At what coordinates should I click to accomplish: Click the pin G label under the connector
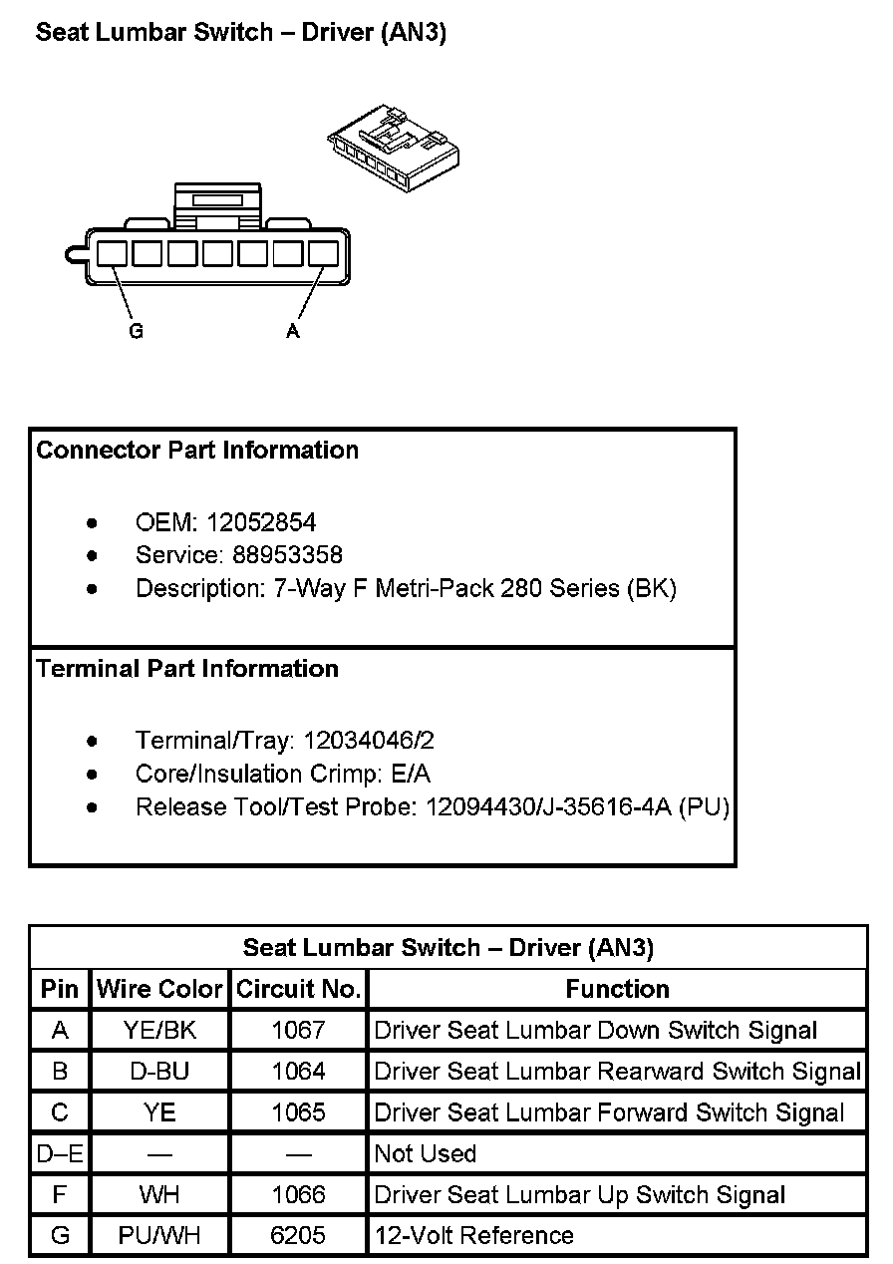tap(136, 332)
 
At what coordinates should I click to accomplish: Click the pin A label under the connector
tap(293, 332)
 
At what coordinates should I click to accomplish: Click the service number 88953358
tap(287, 554)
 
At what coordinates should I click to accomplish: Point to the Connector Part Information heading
tap(197, 451)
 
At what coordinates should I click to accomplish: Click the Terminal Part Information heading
tap(187, 669)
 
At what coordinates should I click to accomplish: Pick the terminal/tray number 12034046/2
tap(369, 741)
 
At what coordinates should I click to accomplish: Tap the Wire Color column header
tap(159, 990)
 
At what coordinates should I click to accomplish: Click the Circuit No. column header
tap(298, 990)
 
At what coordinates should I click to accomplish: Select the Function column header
tap(617, 990)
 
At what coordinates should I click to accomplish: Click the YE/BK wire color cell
tap(159, 1031)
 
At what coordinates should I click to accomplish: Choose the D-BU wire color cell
tap(159, 1072)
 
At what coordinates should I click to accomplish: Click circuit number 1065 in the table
tap(298, 1112)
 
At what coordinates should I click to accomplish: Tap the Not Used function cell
tap(426, 1154)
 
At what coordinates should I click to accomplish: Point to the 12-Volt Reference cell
tap(474, 1236)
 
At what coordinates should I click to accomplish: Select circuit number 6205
tap(298, 1236)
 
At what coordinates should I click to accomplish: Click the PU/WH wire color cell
tap(159, 1236)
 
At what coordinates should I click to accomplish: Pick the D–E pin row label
tap(60, 1154)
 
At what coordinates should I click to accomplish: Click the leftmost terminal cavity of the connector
tap(112, 253)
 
